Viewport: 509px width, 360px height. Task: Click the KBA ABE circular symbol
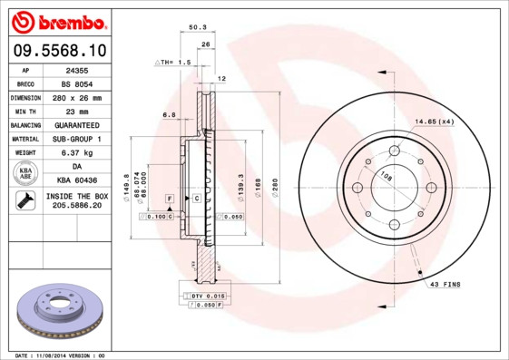[26, 174]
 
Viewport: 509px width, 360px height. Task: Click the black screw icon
[25, 202]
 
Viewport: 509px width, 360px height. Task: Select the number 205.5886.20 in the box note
[76, 207]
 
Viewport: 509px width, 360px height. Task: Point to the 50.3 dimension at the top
[195, 28]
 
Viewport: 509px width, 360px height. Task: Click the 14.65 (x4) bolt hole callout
[435, 121]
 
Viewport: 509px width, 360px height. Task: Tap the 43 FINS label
[445, 284]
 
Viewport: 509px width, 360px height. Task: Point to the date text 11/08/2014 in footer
[56, 355]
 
